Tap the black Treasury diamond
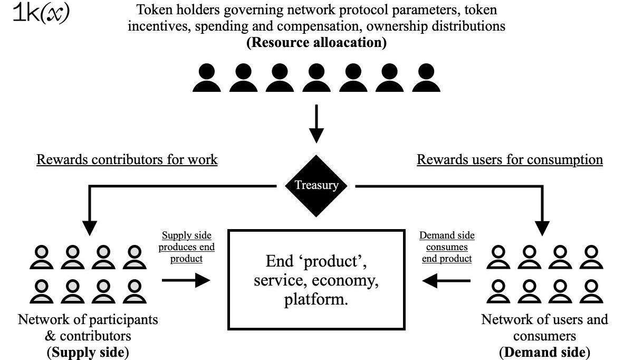tap(316, 185)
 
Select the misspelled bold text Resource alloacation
tap(316, 43)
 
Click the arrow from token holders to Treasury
tap(316, 124)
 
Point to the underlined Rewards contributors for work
tap(127, 159)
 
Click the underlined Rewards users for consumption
tap(510, 159)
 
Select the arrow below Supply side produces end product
tap(186, 280)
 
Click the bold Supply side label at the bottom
tap(88, 352)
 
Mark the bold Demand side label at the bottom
tap(544, 352)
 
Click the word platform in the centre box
tap(316, 300)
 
